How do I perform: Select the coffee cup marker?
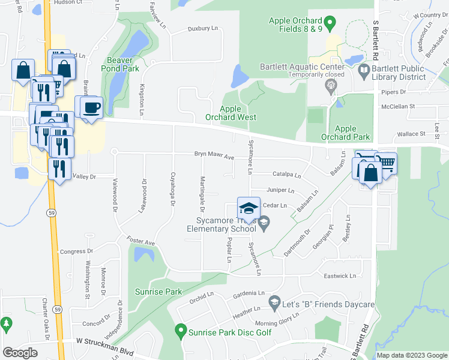(x=91, y=108)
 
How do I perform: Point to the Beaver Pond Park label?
(x=122, y=64)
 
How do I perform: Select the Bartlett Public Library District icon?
(x=364, y=71)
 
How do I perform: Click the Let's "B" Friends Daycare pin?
(x=275, y=301)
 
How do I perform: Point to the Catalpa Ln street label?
(x=286, y=175)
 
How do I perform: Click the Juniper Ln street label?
(x=280, y=191)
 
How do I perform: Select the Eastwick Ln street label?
(x=340, y=276)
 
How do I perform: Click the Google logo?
(x=20, y=353)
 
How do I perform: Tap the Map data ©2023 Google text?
(x=411, y=355)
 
